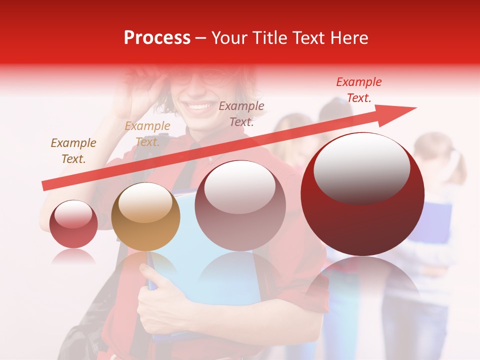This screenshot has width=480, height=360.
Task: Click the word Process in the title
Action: [157, 38]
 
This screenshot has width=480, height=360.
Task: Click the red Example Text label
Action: [358, 90]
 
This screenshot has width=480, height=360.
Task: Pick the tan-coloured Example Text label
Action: [147, 134]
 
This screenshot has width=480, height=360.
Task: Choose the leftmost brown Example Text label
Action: [73, 151]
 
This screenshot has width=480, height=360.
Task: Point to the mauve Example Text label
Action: [241, 113]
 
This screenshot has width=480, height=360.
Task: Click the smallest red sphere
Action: [73, 225]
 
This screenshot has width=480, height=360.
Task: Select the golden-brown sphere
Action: [145, 217]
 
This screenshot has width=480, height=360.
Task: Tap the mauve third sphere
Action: [240, 206]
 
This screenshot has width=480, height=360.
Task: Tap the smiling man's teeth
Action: [199, 106]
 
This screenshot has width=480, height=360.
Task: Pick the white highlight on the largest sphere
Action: [361, 167]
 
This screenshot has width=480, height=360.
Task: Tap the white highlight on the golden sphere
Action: [145, 202]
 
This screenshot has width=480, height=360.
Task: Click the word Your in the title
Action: [229, 38]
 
